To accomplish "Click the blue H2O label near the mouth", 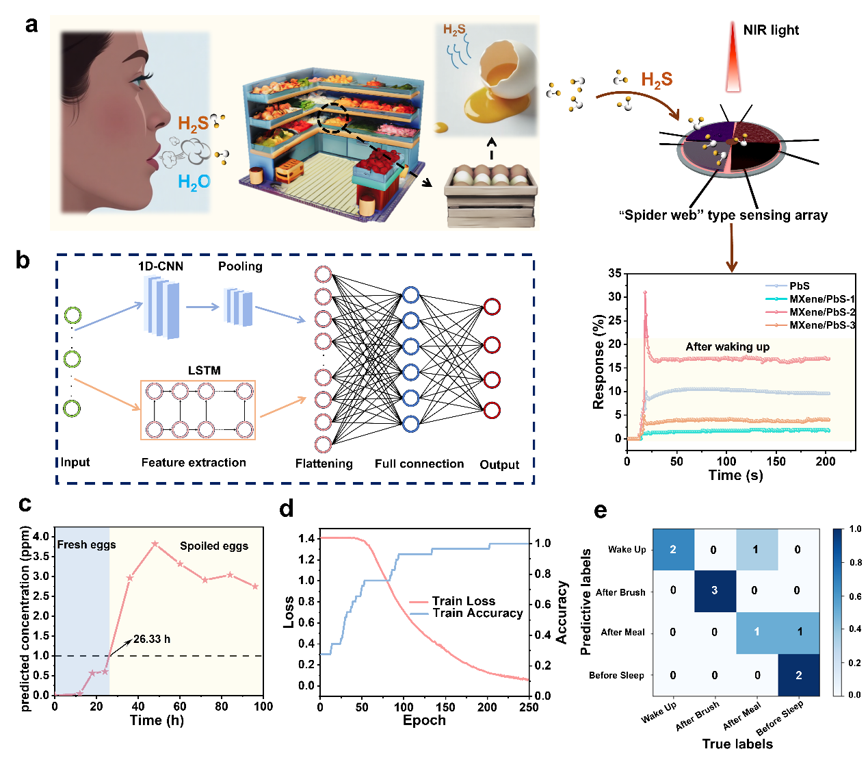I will coord(194,182).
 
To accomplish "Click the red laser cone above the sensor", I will coord(733,58).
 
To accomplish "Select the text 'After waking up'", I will coord(727,346).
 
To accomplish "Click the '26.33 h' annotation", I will coord(152,639).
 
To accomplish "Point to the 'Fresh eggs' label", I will coord(86,545).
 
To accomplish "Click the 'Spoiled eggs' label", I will coord(214,546).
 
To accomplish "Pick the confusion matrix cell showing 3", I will coord(715,590).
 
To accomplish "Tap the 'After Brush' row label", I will coord(620,592).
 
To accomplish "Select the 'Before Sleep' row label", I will coord(616,675).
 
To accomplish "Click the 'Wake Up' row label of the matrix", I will coord(627,549).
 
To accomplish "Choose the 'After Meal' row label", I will coord(622,632).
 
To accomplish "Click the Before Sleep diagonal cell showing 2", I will coord(799,675).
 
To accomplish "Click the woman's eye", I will coord(140,80).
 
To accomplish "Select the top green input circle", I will coord(73,316).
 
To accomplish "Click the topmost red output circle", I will coord(492,307).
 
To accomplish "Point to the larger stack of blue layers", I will coord(162,307).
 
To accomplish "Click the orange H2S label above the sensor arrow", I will coord(657,80).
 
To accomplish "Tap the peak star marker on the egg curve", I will coord(155,544).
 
